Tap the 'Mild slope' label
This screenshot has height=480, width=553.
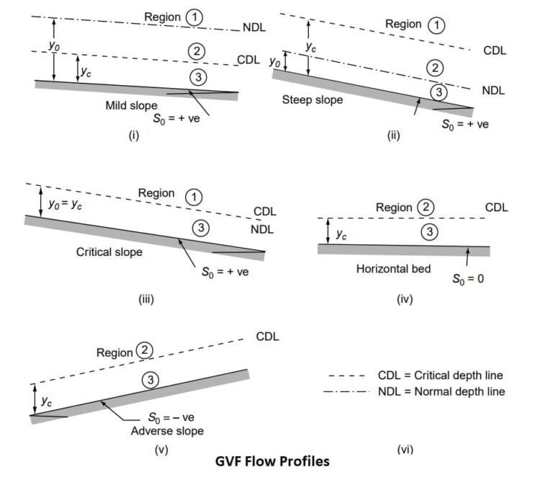131,105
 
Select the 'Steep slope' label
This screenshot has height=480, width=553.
313,99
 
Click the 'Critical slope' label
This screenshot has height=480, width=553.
109,252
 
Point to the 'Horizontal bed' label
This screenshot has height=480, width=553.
393,269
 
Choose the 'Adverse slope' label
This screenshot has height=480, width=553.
167,431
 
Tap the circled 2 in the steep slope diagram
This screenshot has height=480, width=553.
433,68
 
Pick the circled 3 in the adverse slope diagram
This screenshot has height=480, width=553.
150,380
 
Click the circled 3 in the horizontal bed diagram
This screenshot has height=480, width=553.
428,232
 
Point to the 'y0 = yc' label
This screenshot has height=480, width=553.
64,205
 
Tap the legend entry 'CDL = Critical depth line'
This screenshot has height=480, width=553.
440,375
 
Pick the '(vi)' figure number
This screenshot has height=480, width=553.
404,450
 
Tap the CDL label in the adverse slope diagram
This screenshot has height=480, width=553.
267,337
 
